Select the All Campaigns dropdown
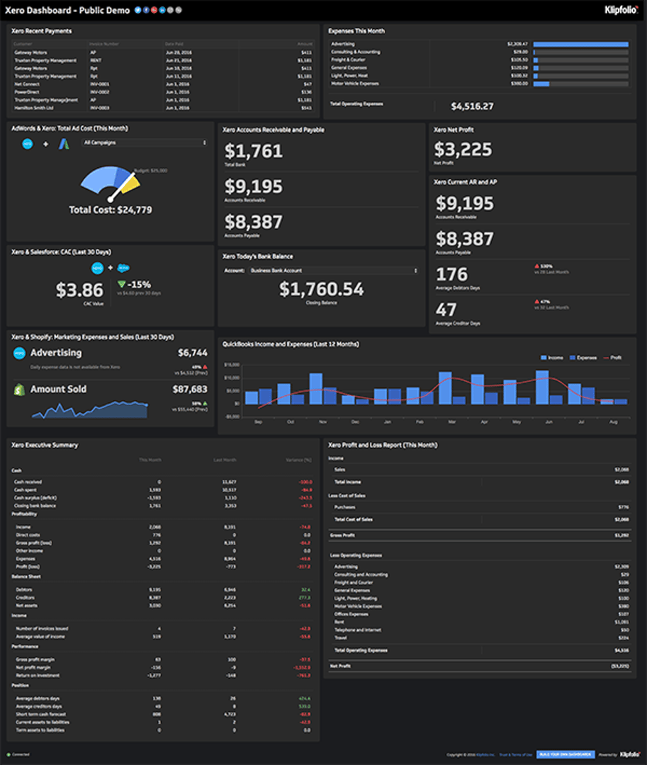click(145, 142)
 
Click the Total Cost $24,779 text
click(110, 210)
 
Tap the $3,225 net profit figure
click(463, 149)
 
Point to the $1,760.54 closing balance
click(321, 289)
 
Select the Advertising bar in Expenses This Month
click(580, 44)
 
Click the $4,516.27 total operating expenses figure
click(472, 106)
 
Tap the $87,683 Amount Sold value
click(190, 389)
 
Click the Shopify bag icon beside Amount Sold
click(19, 390)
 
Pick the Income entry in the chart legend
click(552, 358)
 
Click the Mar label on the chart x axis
click(451, 421)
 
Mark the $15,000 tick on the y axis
click(232, 365)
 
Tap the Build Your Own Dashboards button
click(555, 754)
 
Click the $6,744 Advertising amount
click(192, 353)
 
